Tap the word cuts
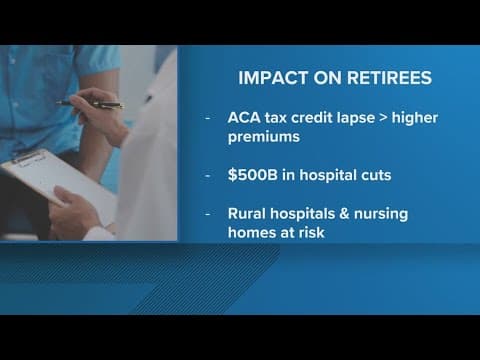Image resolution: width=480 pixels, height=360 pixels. tap(391, 176)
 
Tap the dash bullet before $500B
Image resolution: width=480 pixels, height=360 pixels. tap(209, 176)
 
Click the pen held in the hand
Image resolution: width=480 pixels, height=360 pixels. tap(90, 104)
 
